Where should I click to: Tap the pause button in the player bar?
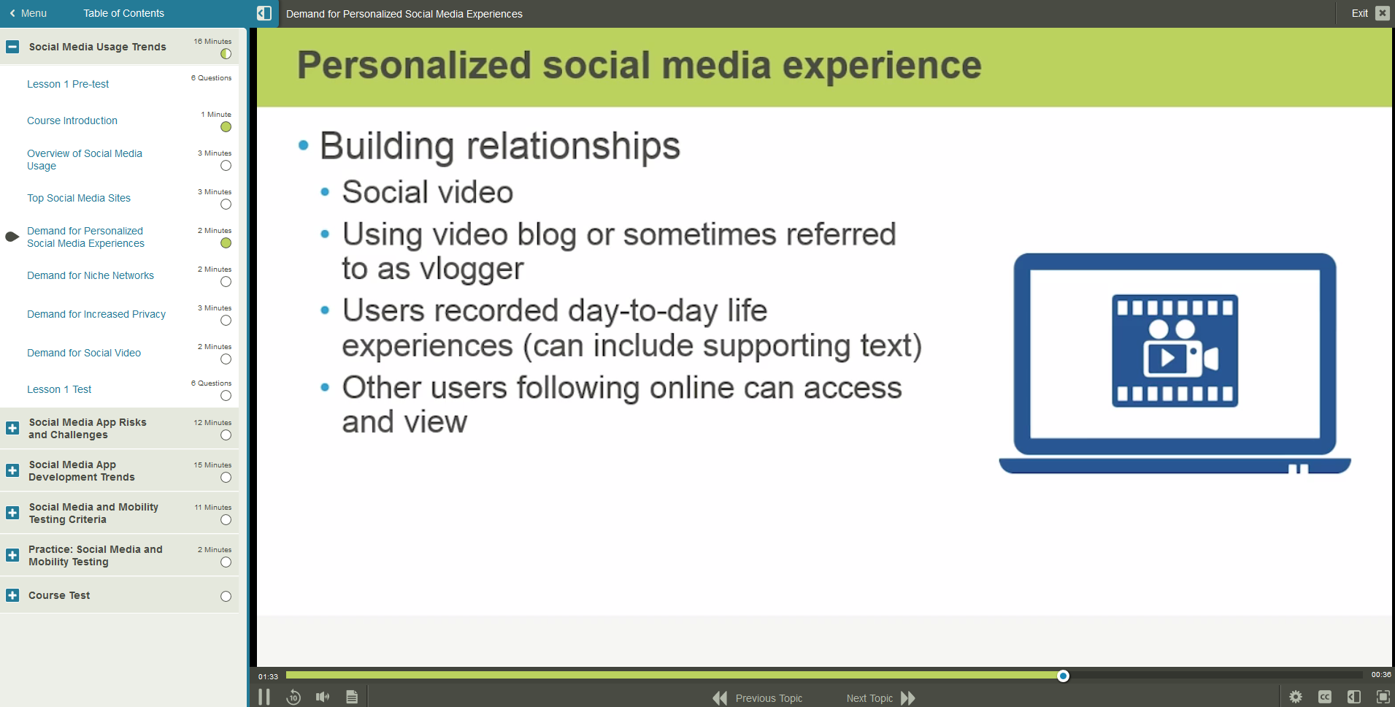point(264,697)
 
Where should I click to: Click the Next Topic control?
point(880,698)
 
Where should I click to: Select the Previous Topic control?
point(757,698)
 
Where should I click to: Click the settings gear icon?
point(1296,697)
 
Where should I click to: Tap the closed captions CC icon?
point(1325,697)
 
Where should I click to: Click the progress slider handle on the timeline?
point(1063,676)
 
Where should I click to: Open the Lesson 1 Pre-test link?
point(68,84)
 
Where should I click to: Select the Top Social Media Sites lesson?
point(79,198)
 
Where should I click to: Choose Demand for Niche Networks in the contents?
point(91,275)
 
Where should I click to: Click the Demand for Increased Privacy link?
point(96,314)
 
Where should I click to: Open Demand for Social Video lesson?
point(84,353)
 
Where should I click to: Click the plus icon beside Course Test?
point(12,595)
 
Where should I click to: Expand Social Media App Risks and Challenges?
point(12,428)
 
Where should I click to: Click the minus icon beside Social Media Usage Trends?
point(12,47)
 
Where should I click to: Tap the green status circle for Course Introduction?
point(226,127)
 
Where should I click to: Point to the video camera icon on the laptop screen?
point(1175,351)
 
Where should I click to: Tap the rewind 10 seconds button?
point(293,697)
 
